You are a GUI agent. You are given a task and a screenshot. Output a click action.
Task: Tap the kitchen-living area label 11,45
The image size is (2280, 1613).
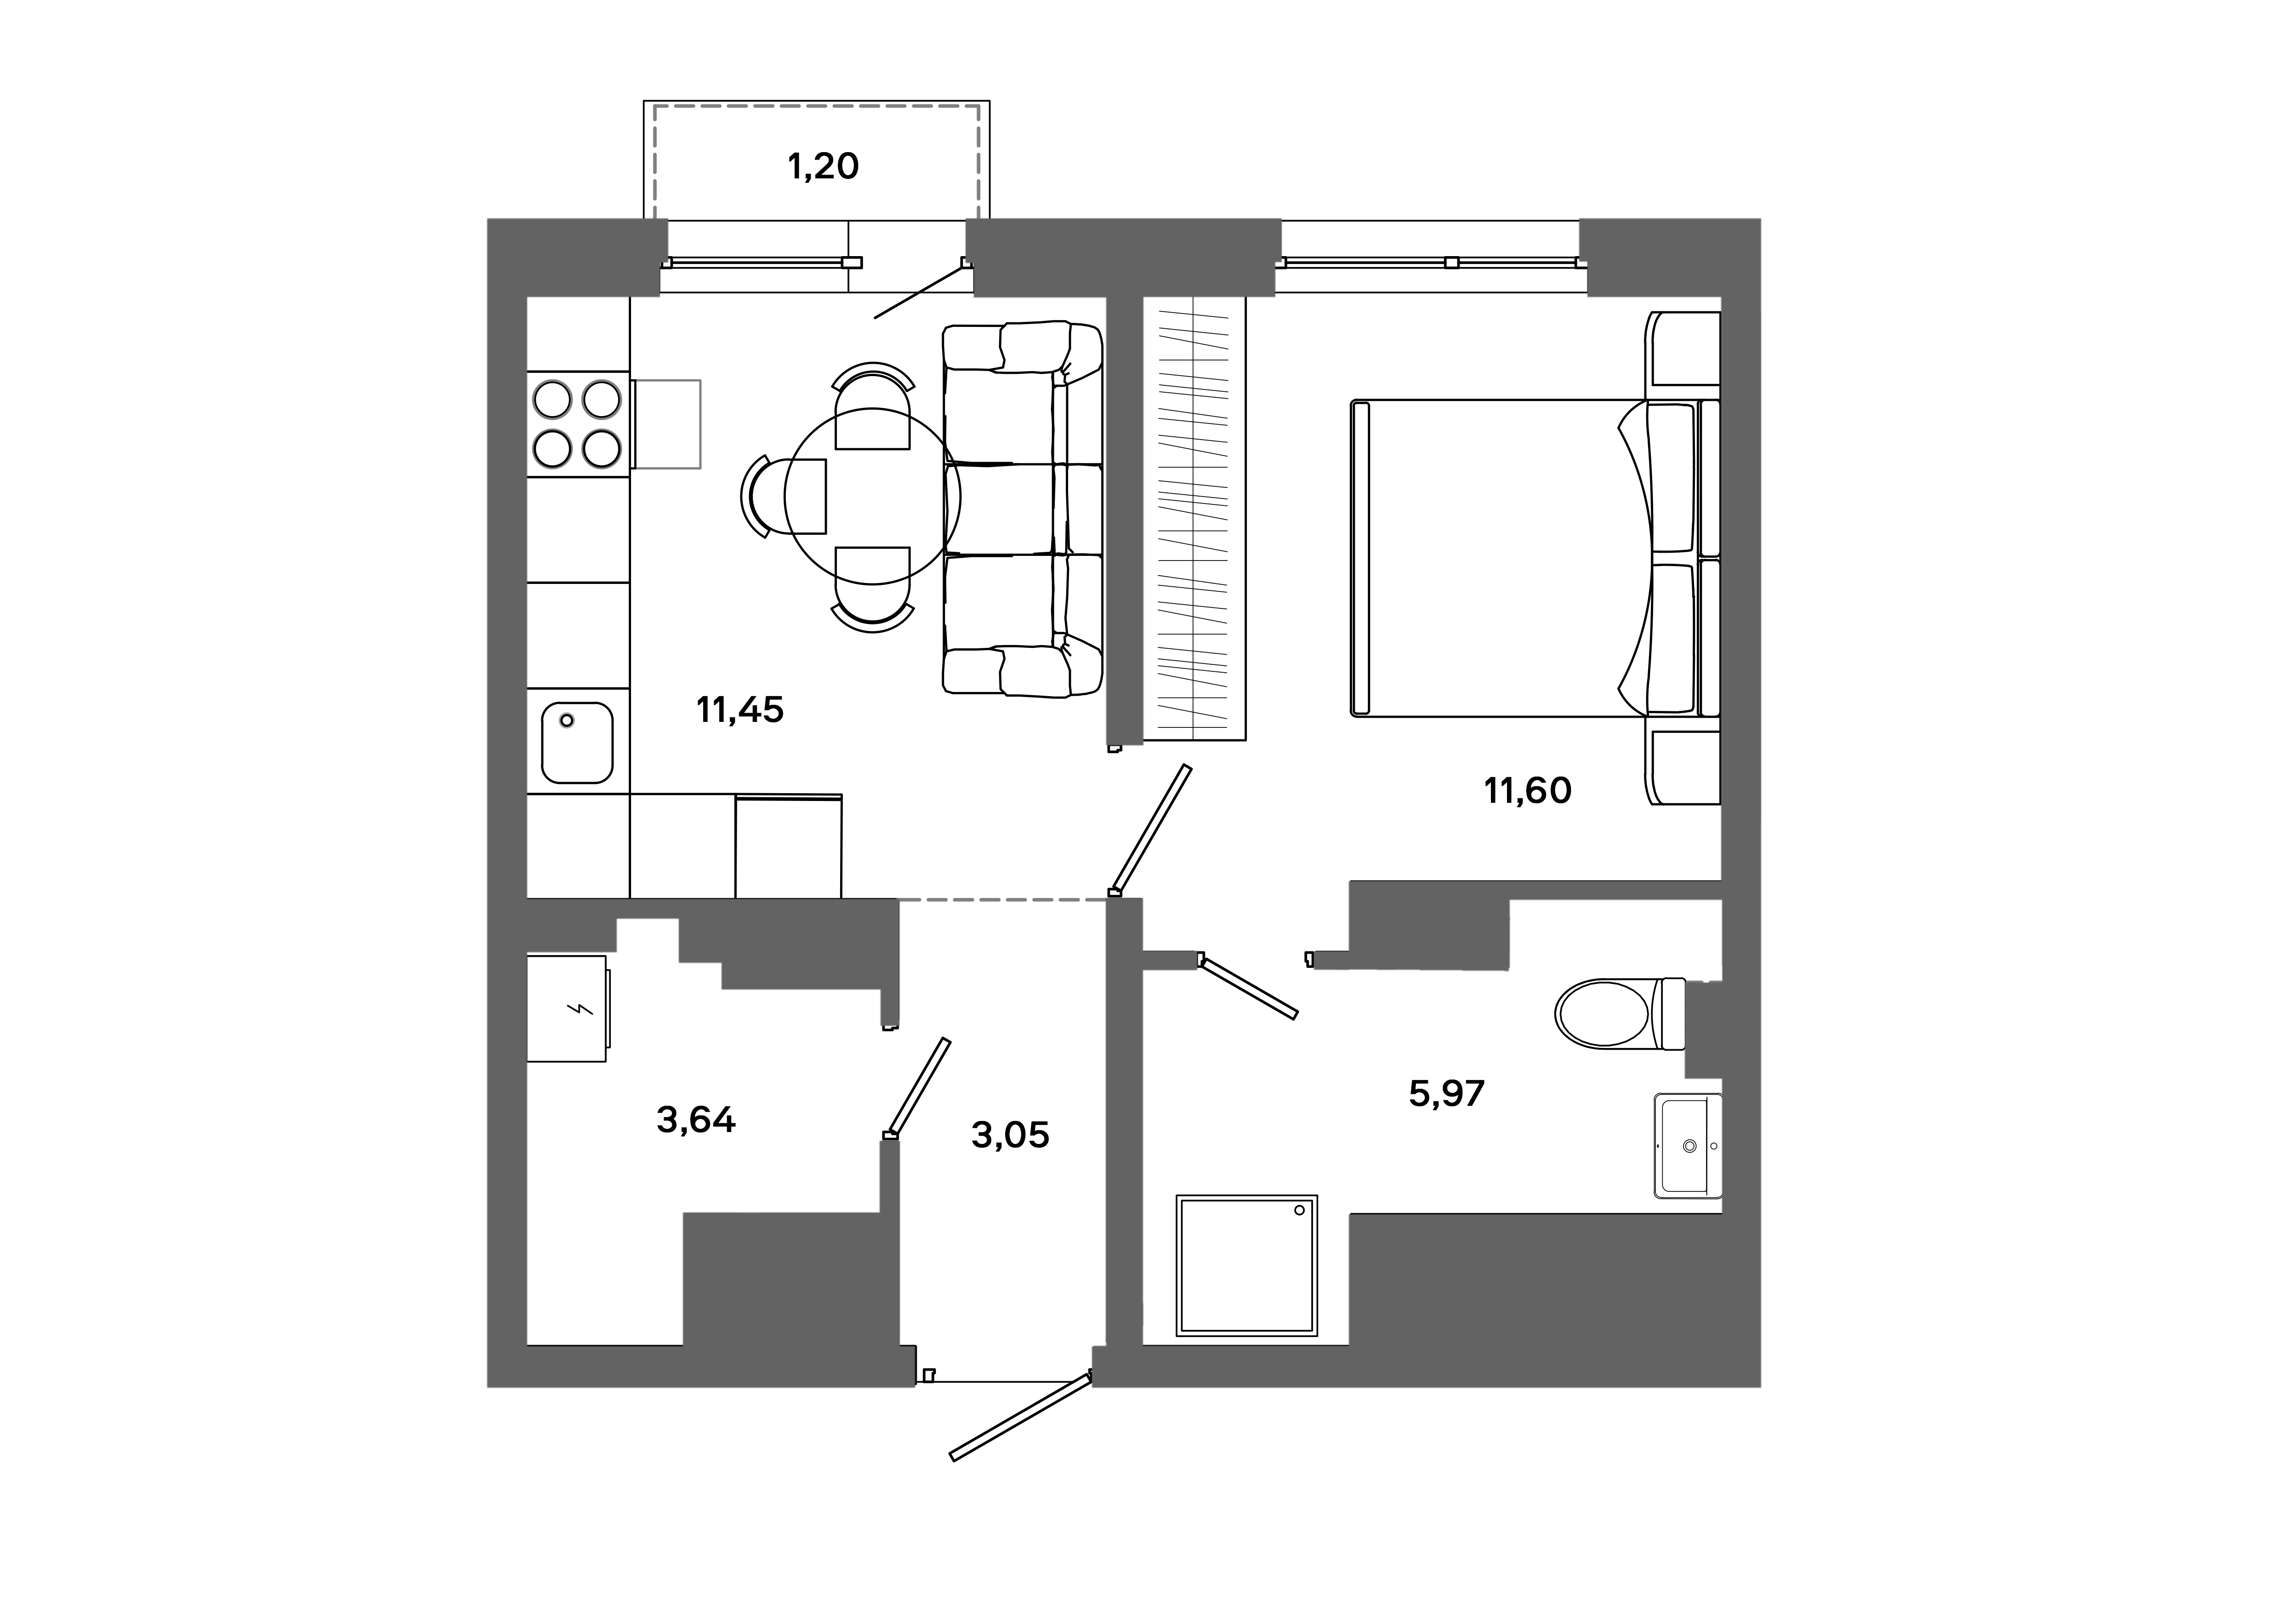(x=740, y=710)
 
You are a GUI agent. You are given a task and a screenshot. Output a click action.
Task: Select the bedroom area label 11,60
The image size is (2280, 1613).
(x=1527, y=790)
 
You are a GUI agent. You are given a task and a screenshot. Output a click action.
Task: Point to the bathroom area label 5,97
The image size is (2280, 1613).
(x=1447, y=1093)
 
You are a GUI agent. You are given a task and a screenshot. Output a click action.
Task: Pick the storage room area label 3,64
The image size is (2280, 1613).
(x=696, y=1121)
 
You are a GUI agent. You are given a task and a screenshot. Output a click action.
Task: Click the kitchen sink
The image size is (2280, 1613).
(x=577, y=743)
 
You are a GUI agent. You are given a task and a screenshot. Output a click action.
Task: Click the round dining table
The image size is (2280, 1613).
(x=872, y=497)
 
